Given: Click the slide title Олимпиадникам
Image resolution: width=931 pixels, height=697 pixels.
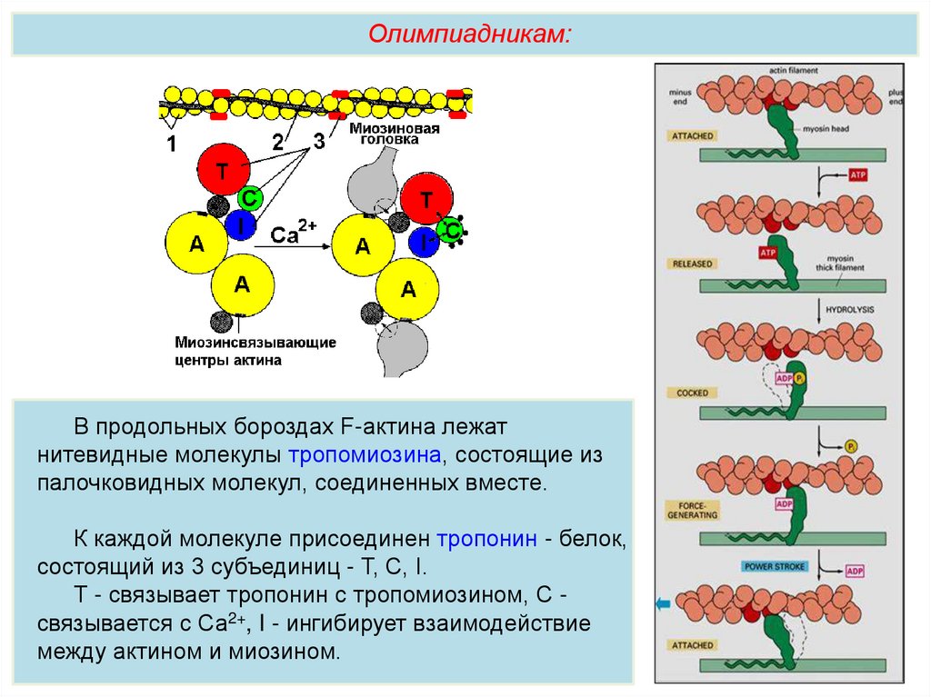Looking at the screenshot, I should click(469, 34).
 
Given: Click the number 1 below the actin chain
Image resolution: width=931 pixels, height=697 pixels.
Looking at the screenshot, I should click(171, 143).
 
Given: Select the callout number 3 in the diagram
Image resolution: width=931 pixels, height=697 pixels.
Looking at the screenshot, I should click(318, 141).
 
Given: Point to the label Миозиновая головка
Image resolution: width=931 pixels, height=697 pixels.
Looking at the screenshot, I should click(395, 134).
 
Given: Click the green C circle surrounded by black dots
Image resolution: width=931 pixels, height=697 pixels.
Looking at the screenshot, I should click(450, 231).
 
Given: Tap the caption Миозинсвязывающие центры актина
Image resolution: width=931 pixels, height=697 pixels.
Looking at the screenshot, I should click(255, 351).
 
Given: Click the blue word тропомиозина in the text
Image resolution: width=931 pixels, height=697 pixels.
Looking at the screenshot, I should click(365, 453).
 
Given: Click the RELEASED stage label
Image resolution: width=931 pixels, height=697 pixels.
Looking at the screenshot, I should click(693, 264).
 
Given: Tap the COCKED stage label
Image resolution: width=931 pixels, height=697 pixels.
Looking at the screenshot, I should click(692, 393).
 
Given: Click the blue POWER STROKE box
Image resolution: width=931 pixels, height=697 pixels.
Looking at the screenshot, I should click(775, 566).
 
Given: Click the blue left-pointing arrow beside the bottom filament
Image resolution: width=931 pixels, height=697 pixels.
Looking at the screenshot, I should click(661, 603).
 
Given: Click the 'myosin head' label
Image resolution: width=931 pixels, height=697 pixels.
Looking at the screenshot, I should click(826, 129).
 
